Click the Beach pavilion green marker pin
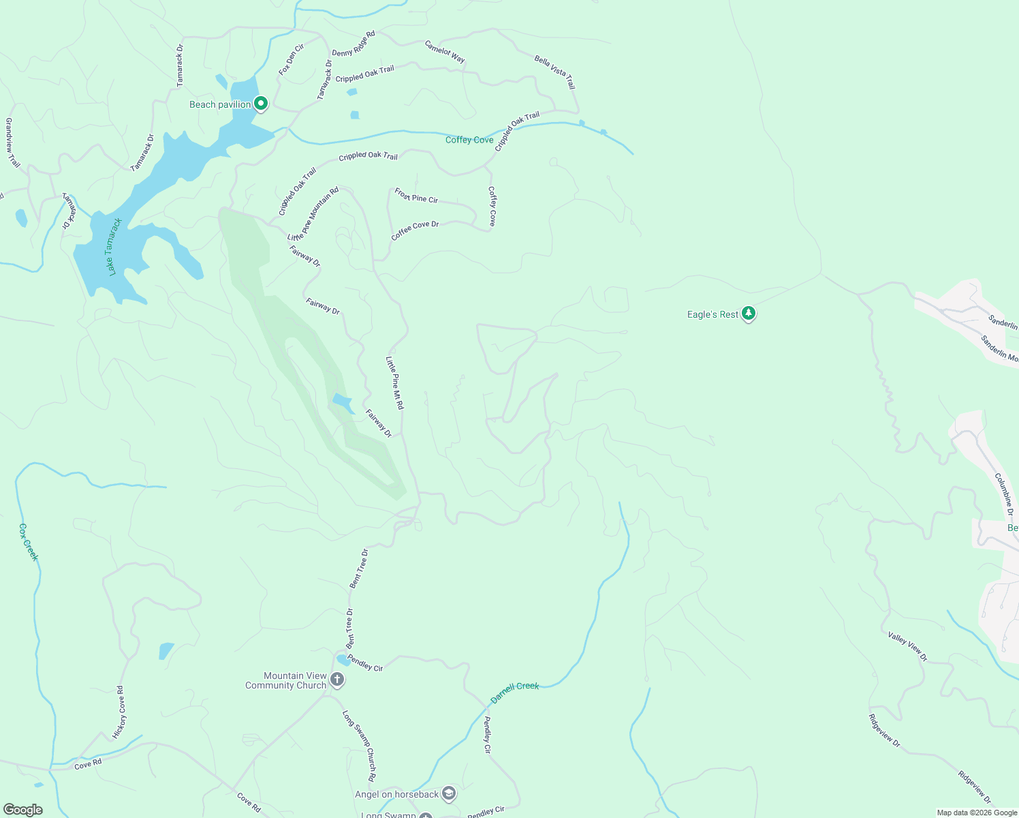(x=260, y=104)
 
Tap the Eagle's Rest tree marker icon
(x=749, y=314)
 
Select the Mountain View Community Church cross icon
(x=336, y=679)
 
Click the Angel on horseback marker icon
(x=448, y=793)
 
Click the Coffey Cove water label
(x=469, y=140)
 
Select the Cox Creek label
(x=29, y=542)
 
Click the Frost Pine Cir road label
(x=416, y=196)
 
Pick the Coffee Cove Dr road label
(x=415, y=230)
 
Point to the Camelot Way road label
(x=445, y=52)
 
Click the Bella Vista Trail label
(x=554, y=72)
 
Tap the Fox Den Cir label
(x=291, y=59)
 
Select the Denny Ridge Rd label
(x=354, y=44)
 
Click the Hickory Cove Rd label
(x=119, y=712)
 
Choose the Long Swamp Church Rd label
(x=358, y=746)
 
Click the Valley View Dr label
(x=907, y=646)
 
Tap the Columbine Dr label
(x=1004, y=494)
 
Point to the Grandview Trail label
(x=12, y=142)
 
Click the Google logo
(x=22, y=810)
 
